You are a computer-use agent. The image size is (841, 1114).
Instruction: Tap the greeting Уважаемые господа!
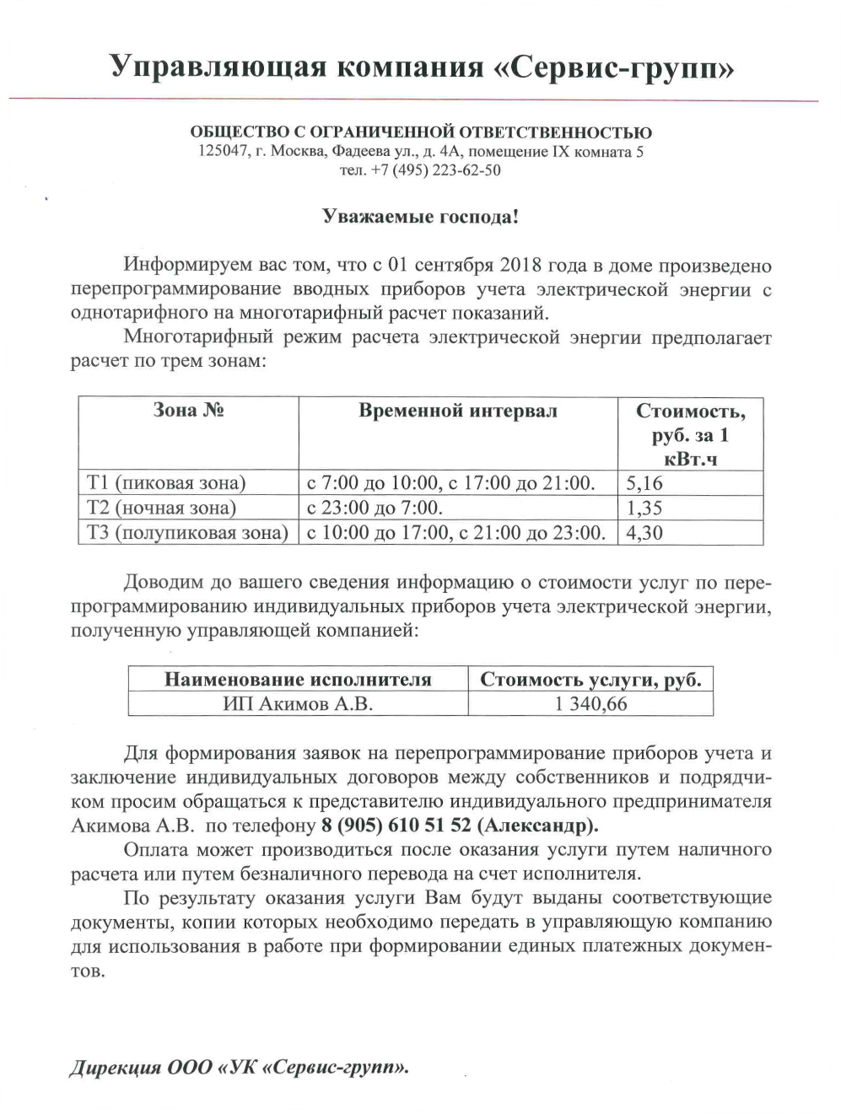click(420, 217)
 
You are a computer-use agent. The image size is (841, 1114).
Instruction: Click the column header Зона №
click(188, 411)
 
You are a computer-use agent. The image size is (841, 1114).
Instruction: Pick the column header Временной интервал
click(458, 411)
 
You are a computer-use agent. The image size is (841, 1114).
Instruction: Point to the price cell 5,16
click(645, 483)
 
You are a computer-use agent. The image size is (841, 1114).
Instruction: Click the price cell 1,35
click(645, 508)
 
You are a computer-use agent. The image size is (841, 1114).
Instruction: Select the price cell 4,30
click(645, 533)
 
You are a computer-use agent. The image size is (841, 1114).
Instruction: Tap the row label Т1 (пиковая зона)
click(166, 483)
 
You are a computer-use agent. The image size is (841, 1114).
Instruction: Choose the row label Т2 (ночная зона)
click(161, 508)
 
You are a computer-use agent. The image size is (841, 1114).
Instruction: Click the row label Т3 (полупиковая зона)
click(187, 533)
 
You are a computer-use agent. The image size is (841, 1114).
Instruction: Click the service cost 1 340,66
click(590, 704)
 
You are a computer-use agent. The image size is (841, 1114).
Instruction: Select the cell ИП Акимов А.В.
click(297, 704)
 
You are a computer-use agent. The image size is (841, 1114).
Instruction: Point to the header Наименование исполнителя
click(298, 680)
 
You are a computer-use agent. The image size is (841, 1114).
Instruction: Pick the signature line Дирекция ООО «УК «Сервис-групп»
click(239, 1068)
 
